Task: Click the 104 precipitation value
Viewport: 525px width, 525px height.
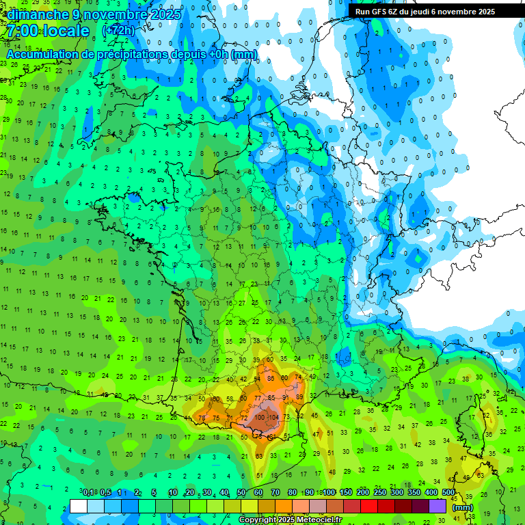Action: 274,417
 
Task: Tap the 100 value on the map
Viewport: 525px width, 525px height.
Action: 260,417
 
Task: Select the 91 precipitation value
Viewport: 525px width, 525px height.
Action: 285,396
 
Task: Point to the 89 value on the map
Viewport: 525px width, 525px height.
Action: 299,396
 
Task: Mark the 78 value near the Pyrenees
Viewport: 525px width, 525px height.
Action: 202,418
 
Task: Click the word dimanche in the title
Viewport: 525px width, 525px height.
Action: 37,14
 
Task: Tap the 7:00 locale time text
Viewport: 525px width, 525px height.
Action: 48,31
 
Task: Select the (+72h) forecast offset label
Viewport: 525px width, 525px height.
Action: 118,31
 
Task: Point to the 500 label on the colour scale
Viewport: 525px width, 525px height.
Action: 448,493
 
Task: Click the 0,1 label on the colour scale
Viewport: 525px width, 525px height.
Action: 88,493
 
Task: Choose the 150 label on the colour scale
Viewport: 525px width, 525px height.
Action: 346,493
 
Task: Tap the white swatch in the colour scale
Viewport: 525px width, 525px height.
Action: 79,506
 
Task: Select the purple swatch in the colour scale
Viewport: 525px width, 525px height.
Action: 437,506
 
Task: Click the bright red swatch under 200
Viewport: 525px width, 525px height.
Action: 369,506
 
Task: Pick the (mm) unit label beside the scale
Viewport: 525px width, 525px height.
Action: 463,507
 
